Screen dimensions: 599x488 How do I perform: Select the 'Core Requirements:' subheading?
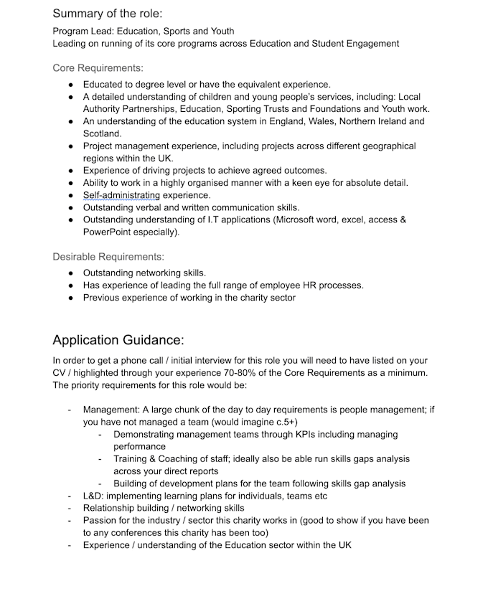click(x=98, y=68)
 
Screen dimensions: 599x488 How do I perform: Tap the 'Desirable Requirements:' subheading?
click(x=108, y=256)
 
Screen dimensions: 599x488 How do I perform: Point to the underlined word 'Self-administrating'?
click(x=121, y=195)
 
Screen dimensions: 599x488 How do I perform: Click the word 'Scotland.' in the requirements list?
click(x=103, y=133)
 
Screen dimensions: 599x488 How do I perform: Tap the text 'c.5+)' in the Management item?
click(x=283, y=422)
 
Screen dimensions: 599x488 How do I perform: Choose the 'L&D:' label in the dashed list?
click(x=95, y=496)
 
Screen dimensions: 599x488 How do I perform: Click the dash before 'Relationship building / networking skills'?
click(x=69, y=509)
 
